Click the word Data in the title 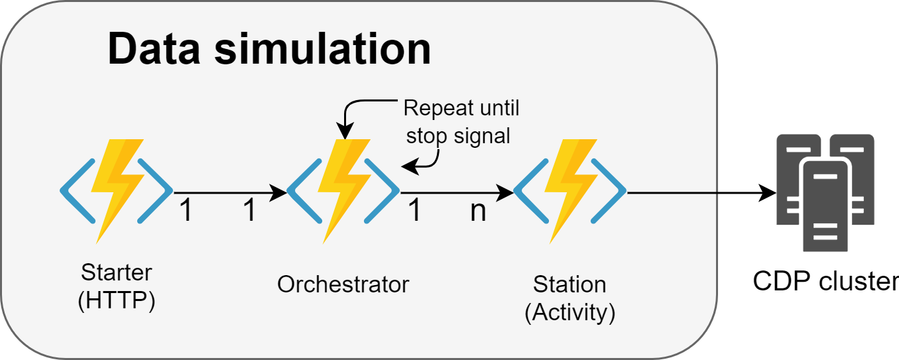154,48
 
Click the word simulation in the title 323,48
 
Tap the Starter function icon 117,191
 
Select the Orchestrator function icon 343,191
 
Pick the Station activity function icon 570,191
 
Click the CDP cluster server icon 825,193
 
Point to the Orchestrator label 343,284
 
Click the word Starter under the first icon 117,272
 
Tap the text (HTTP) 117,300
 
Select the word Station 569,284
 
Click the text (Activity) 570,313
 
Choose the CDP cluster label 825,281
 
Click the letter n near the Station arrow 478,211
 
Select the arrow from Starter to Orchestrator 230,193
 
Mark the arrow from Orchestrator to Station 457,193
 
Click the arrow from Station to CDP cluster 701,193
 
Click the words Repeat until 461,108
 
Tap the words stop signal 458,136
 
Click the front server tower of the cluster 825,206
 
